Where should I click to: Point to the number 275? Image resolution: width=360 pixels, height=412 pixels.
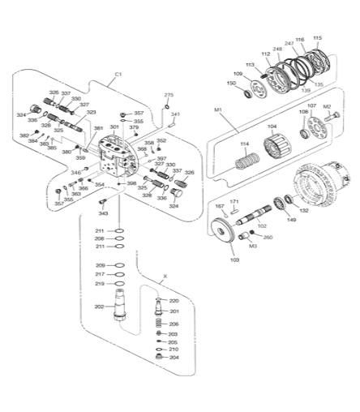click(169, 96)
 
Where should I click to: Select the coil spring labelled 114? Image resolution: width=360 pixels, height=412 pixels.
click(242, 161)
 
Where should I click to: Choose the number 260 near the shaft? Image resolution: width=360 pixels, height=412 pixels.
click(268, 238)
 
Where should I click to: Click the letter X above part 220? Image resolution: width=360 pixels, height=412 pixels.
click(165, 277)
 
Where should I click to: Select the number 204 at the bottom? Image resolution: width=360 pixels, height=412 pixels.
click(174, 358)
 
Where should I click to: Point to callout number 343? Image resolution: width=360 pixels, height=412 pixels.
click(104, 213)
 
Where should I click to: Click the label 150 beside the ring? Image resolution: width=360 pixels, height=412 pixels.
click(232, 84)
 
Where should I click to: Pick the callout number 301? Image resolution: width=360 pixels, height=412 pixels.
click(114, 127)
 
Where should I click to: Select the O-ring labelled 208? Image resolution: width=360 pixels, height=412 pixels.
click(99, 238)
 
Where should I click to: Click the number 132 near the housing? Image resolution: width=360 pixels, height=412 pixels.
click(304, 210)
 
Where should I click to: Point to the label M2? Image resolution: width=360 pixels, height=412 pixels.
click(328, 106)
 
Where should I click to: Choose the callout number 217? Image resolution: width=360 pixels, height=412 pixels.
click(99, 274)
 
